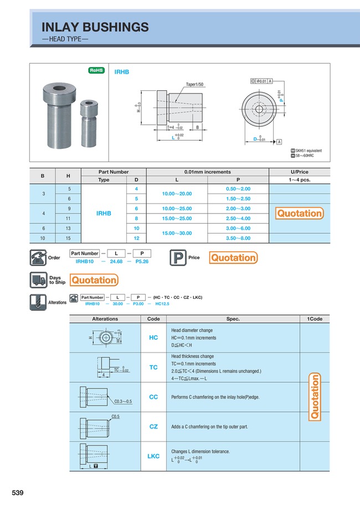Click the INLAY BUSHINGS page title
(95, 27)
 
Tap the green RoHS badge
(97, 71)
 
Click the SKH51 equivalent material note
(308, 151)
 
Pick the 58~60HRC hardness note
(305, 157)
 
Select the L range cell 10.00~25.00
(177, 209)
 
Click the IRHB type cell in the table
(104, 213)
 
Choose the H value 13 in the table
(69, 228)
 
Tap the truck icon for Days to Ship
(38, 280)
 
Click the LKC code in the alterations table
(153, 456)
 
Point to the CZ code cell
(153, 427)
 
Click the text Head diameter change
(192, 330)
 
